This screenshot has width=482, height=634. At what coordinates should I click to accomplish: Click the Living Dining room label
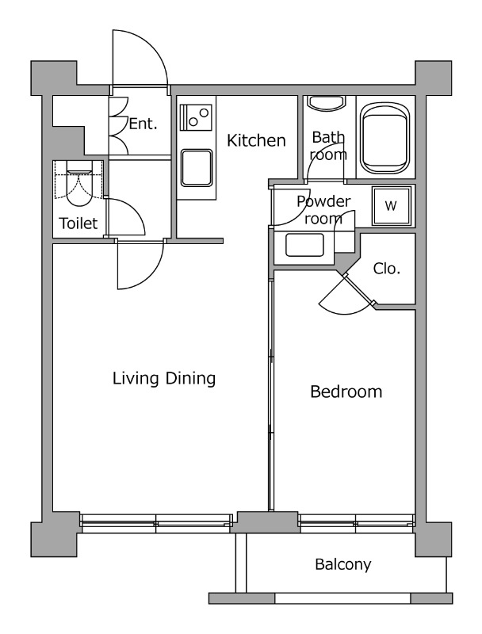coord(164,379)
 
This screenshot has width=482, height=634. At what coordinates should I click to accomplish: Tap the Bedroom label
coord(346,391)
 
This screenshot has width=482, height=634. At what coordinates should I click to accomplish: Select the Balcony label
coord(343,564)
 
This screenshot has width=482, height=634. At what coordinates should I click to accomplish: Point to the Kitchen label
coord(256,140)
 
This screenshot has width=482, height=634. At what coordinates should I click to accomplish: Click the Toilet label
coord(78,223)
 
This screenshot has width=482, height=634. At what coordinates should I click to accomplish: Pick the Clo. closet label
coord(387,269)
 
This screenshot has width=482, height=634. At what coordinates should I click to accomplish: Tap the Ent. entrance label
coord(143,124)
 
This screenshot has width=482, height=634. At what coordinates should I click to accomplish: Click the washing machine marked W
coord(392,206)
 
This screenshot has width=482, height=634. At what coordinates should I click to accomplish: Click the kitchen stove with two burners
coord(196,117)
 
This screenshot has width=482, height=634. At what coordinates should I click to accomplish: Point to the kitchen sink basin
coord(197,168)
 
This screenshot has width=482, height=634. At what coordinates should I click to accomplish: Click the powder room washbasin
coord(304,245)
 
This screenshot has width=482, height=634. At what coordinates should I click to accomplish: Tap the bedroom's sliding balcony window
coord(357,523)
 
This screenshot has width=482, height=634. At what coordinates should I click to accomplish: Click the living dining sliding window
coord(155,523)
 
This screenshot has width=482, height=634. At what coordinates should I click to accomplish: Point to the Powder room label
coord(323,210)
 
